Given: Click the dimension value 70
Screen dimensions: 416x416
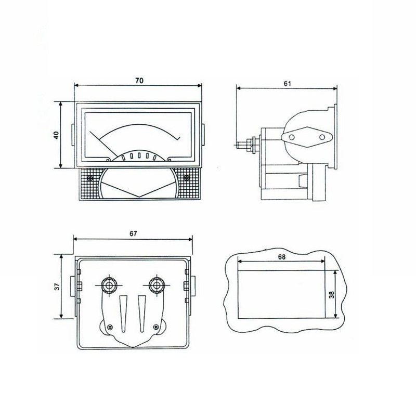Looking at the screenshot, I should point(138,80).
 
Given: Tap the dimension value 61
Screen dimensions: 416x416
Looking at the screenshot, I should point(288,83).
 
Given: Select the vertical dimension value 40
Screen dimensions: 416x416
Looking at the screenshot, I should point(56,135).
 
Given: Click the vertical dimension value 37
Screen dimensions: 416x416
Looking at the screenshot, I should point(56,286).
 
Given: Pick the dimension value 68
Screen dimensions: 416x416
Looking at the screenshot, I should point(282,257).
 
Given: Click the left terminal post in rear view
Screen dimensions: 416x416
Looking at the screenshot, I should point(109,285).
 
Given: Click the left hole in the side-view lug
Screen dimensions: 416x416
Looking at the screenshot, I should point(292,137).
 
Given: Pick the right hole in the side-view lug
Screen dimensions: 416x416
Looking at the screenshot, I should point(322,137).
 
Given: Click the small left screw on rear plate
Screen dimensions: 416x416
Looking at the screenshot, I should point(110,327).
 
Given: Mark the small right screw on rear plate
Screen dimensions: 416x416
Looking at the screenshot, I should point(155,327).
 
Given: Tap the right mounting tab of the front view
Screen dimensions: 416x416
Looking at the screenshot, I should point(203,136).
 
